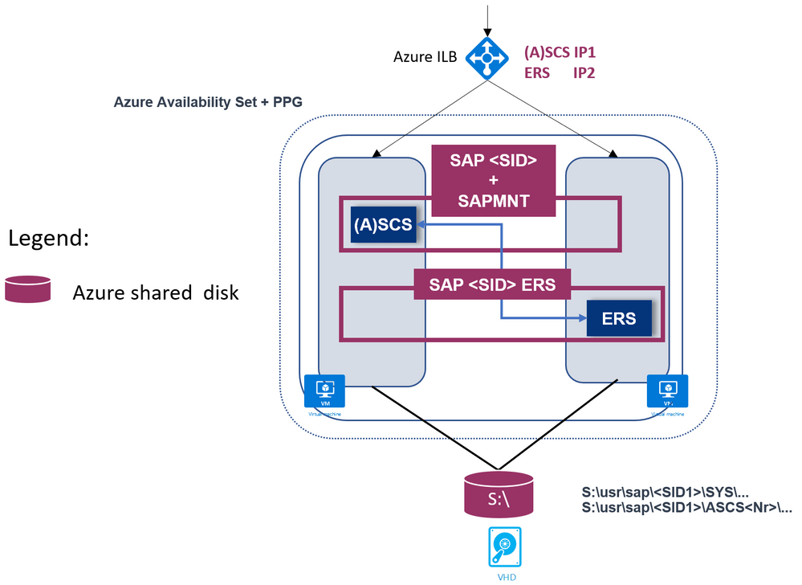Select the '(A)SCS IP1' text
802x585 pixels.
click(x=560, y=52)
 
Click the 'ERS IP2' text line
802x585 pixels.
click(x=560, y=72)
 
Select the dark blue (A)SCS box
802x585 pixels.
click(x=382, y=225)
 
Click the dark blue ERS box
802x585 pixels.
click(x=618, y=318)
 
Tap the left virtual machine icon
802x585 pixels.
click(x=325, y=391)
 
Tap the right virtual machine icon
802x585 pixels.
click(x=667, y=391)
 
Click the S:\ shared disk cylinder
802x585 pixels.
click(x=499, y=494)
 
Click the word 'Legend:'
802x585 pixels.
click(x=51, y=239)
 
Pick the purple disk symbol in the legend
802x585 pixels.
click(x=28, y=289)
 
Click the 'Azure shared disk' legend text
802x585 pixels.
click(x=156, y=292)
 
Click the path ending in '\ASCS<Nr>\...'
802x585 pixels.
click(x=686, y=508)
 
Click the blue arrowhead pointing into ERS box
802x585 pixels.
click(x=582, y=318)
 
